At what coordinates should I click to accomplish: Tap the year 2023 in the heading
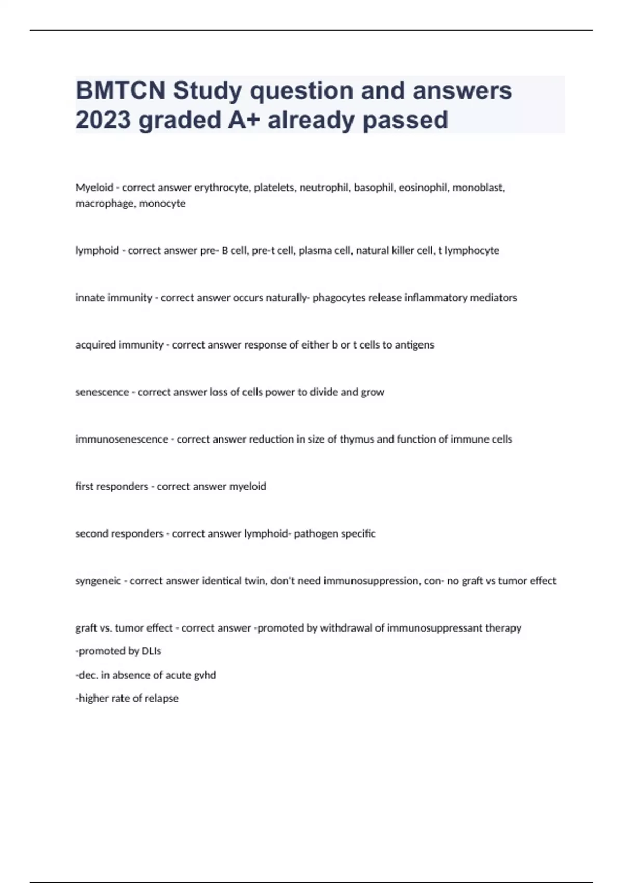tap(103, 120)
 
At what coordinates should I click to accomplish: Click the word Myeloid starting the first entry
tap(94, 188)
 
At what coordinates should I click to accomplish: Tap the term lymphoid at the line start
tap(97, 250)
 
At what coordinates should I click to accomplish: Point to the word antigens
tap(414, 345)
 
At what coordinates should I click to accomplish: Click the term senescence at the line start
tap(102, 392)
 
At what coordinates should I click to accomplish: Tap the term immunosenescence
tap(121, 439)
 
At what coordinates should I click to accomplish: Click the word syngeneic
tap(98, 581)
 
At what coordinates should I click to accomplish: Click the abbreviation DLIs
tap(152, 651)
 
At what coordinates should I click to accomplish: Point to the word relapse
tap(162, 699)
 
